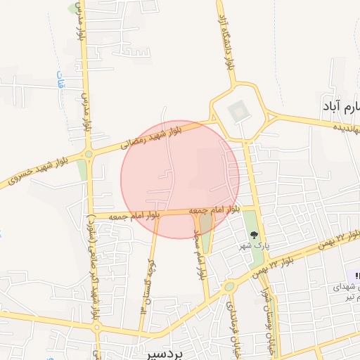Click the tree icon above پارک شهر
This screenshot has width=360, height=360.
click(254, 236)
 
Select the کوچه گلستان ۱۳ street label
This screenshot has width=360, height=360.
click(147, 284)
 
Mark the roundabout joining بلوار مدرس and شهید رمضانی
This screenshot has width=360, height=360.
click(89, 154)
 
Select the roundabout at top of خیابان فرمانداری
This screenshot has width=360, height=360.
click(229, 287)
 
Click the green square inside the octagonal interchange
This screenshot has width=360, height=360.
click(238, 110)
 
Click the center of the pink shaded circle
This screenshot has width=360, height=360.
click(180, 179)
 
